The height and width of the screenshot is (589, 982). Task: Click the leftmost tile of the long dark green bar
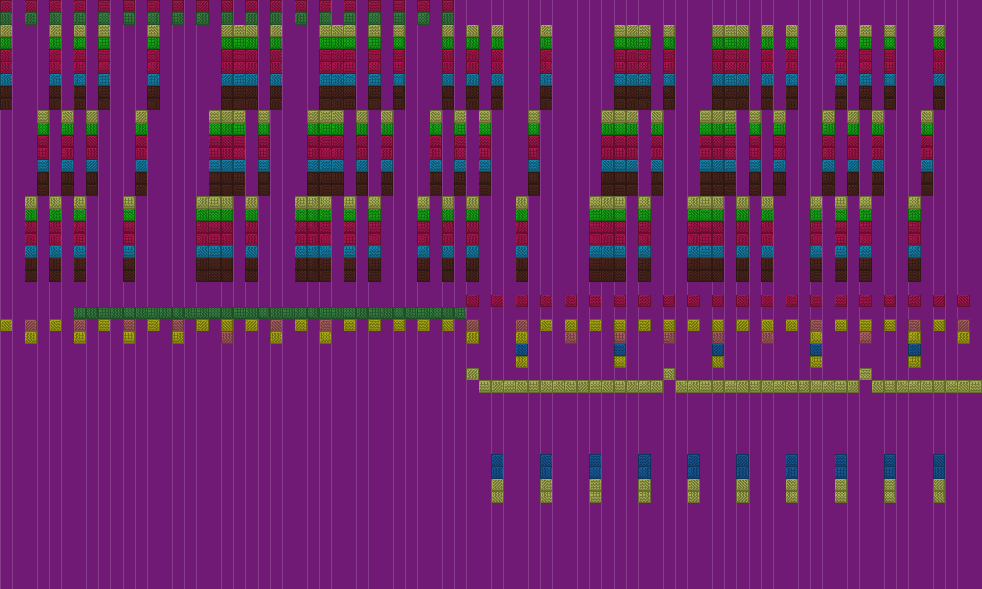point(80,313)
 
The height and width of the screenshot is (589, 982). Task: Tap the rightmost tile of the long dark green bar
point(460,313)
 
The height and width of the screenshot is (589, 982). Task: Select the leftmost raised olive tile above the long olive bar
point(473,374)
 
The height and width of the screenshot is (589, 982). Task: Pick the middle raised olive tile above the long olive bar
point(669,374)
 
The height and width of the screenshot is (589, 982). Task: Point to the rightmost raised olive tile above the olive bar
point(865,374)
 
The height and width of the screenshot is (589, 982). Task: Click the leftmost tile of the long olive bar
point(485,387)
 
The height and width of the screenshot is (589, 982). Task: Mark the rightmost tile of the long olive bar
point(976,387)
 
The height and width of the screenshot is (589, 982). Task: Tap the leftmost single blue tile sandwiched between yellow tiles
point(522,350)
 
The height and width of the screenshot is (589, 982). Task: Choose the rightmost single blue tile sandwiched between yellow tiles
point(914,350)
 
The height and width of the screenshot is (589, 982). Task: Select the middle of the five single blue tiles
point(718,350)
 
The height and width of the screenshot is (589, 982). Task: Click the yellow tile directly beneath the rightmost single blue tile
point(914,362)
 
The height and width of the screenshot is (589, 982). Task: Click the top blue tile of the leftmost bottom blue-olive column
point(497,460)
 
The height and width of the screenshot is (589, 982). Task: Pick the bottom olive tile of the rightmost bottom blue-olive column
point(939,497)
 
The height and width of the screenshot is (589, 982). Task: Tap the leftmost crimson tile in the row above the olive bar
point(473,301)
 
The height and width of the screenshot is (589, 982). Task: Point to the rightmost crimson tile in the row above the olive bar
point(964,301)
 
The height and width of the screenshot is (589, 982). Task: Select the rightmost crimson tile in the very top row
point(448,6)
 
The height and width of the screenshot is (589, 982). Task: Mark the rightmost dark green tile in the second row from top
point(448,18)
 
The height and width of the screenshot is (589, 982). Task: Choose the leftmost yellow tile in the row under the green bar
point(6,325)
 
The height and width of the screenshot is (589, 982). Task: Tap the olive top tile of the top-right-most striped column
point(939,31)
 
